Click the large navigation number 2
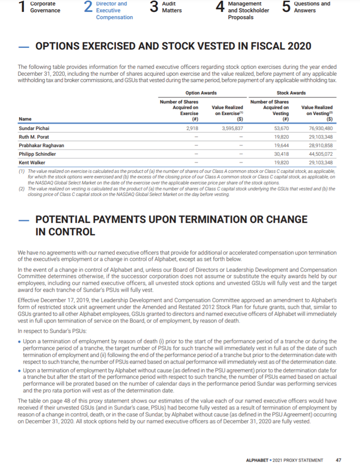pos(88,8)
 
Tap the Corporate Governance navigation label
pos(45,7)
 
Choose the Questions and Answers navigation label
pos(311,7)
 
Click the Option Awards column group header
pos(201,93)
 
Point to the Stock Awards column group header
pos(291,93)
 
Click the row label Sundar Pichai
pos(34,128)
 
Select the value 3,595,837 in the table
pos(233,128)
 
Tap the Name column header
pos(25,119)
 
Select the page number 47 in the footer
pos(338,460)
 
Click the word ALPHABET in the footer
pos(258,460)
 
